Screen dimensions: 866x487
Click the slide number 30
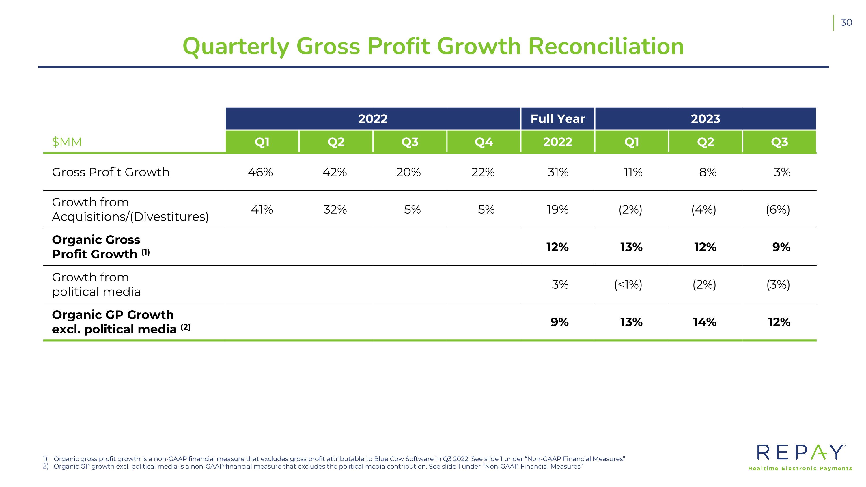pyautogui.click(x=846, y=23)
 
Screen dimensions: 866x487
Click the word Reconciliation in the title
pyautogui.click(x=606, y=46)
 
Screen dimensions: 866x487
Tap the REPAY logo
pyautogui.click(x=800, y=457)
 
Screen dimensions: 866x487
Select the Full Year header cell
pyautogui.click(x=558, y=119)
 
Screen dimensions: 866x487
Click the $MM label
pyautogui.click(x=67, y=142)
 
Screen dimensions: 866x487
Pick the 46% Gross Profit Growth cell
pyautogui.click(x=261, y=172)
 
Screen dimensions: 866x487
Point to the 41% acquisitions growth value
pyautogui.click(x=262, y=210)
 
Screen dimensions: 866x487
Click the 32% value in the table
pyautogui.click(x=335, y=210)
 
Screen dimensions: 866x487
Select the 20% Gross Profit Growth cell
pyautogui.click(x=408, y=172)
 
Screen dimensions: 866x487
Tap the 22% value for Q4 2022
pyautogui.click(x=483, y=172)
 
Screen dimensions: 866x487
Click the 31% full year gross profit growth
pyautogui.click(x=558, y=172)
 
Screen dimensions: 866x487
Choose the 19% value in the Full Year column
pyautogui.click(x=558, y=210)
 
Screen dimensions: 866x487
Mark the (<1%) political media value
pyautogui.click(x=628, y=285)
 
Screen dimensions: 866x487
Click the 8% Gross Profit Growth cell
pyautogui.click(x=708, y=172)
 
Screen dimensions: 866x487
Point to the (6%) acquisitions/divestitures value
pyautogui.click(x=778, y=210)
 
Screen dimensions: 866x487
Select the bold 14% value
pyautogui.click(x=705, y=322)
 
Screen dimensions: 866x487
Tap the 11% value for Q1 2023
pyautogui.click(x=633, y=172)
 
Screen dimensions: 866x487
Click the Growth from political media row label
pyautogui.click(x=96, y=284)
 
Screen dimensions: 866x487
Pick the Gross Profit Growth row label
pyautogui.click(x=111, y=172)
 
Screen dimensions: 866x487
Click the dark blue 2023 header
pyautogui.click(x=705, y=119)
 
